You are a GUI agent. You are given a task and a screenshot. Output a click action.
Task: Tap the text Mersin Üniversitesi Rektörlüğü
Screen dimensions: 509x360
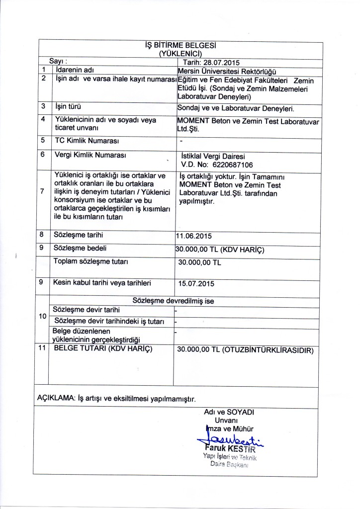(226, 71)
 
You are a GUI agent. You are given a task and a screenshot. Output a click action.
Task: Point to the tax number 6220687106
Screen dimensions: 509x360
(228, 165)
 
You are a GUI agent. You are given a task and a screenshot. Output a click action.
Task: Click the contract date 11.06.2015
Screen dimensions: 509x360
(197, 236)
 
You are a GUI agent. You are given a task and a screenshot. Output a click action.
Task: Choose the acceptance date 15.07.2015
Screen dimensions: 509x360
(196, 284)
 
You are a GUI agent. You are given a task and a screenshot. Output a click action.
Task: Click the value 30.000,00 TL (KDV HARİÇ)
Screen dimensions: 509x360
(221, 250)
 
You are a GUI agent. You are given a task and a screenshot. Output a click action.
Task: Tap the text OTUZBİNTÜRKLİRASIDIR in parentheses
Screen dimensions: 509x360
(268, 350)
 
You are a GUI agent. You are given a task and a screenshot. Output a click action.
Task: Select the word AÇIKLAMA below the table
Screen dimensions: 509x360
(56, 398)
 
